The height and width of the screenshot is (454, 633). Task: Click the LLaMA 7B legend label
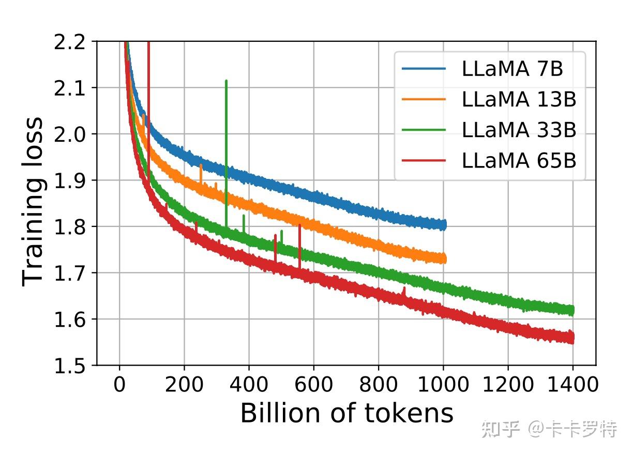pos(512,69)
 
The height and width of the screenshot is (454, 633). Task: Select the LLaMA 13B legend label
pos(519,99)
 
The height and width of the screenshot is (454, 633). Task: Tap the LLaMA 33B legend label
pos(519,130)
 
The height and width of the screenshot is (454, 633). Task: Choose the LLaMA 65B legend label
pos(519,160)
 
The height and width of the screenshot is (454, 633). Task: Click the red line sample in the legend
pos(424,160)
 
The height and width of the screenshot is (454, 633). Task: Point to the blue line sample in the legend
pos(424,69)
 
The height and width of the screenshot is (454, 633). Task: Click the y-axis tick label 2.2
pos(69,42)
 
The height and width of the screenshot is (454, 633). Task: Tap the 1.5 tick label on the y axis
pos(69,367)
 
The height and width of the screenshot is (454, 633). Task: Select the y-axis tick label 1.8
pos(69,228)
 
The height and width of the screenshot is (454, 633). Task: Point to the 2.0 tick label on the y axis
pos(69,135)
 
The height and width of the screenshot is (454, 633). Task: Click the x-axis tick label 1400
pos(573,385)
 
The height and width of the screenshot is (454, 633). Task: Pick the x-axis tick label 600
pos(314,385)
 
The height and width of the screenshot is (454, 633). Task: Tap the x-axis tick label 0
pos(119,385)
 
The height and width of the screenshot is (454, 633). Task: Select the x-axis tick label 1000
pos(443,385)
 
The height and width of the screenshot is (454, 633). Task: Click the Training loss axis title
pos(33,202)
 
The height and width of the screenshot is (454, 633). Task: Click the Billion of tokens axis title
pos(347,413)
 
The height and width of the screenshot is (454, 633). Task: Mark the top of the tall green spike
pos(226,81)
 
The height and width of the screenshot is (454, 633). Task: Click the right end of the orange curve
pos(445,258)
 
